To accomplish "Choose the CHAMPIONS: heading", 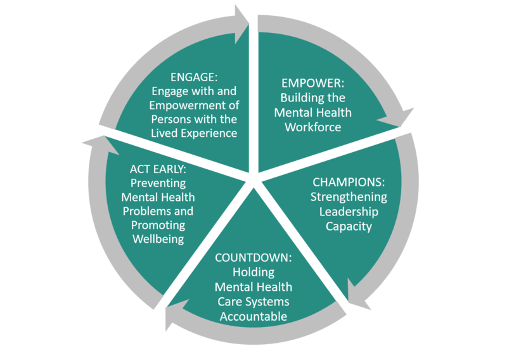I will (349, 182).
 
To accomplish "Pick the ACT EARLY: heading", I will (158, 169).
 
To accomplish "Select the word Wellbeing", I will (158, 239).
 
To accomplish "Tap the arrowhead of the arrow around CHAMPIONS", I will (359, 298).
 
